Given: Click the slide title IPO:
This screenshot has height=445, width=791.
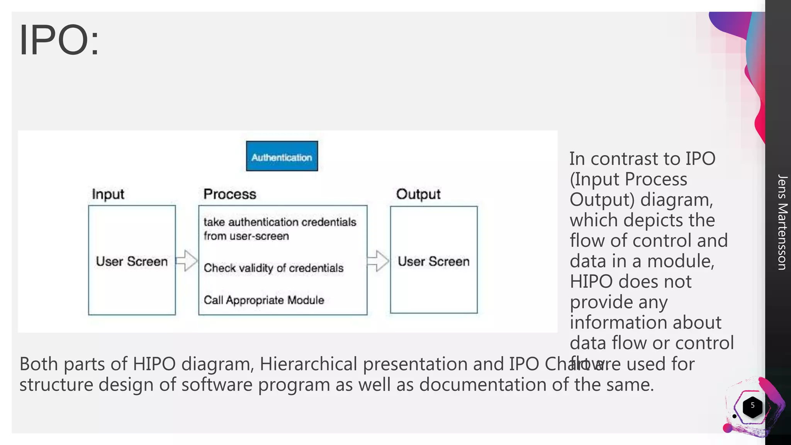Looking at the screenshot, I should point(59,40).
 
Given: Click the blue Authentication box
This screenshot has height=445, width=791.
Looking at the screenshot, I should point(282,156).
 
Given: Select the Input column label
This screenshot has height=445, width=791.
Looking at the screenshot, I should point(108,194).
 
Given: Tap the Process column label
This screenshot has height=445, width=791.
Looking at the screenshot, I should point(230,194).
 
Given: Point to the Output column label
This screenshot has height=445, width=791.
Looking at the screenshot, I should point(418,194).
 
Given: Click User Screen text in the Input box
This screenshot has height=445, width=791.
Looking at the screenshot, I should point(132,262).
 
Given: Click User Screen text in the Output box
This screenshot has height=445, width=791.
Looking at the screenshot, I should point(434,262).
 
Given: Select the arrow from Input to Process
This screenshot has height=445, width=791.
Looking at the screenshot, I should point(187,261).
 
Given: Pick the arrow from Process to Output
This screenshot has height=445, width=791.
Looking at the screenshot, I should point(378,261).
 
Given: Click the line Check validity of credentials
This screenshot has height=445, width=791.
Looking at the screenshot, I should point(273,268).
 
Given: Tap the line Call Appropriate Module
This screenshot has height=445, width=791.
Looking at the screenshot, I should point(264,300).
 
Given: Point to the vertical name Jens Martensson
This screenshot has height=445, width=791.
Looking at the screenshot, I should point(782,222).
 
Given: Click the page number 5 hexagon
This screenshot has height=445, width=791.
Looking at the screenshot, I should point(752,406).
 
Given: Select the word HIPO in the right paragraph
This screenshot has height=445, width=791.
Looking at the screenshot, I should point(591,282).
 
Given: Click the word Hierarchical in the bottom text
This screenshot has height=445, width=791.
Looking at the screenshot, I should point(308,364).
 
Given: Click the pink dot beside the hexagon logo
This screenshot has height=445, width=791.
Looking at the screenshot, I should point(727,428).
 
